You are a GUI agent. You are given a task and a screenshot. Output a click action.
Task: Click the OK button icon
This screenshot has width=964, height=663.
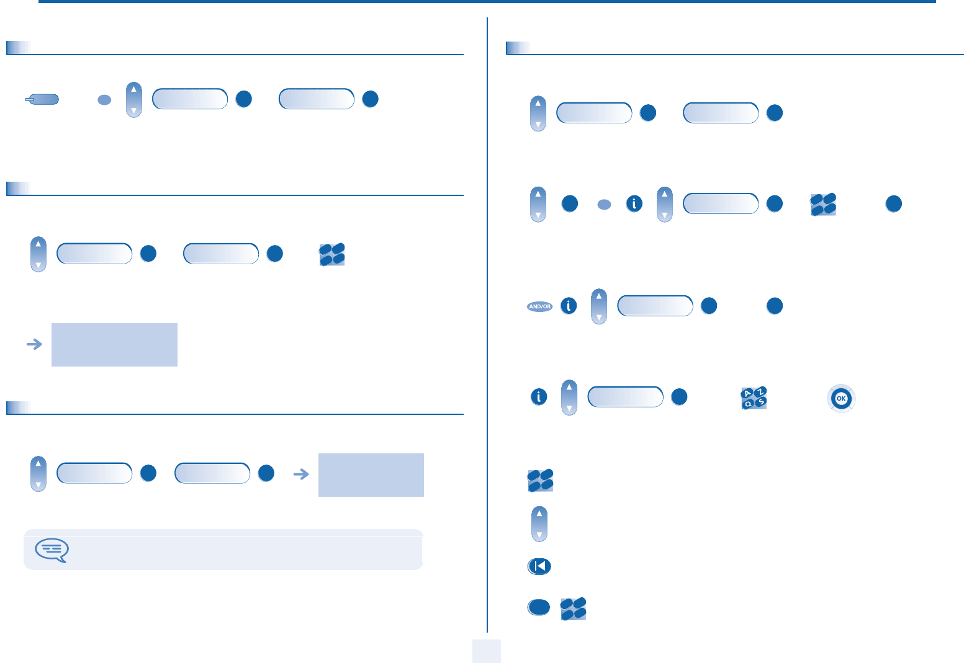[841, 398]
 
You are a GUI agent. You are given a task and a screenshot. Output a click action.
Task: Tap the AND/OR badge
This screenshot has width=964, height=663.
[539, 306]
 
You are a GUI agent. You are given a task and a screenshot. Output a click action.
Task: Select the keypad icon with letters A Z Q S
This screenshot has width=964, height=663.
[754, 398]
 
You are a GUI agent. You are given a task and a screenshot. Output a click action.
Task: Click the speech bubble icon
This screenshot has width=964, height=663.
[52, 550]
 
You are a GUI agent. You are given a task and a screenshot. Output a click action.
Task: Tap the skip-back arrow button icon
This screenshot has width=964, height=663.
[539, 566]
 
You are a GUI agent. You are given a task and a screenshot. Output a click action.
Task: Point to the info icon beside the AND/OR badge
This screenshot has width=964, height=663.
[569, 306]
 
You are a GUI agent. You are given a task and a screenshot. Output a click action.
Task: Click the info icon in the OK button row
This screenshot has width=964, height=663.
[539, 397]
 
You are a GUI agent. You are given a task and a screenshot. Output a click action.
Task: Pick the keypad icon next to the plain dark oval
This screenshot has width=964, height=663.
[573, 608]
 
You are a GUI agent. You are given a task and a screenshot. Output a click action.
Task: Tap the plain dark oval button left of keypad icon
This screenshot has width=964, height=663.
[539, 607]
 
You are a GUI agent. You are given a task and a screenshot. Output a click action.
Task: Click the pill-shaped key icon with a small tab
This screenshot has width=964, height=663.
[42, 99]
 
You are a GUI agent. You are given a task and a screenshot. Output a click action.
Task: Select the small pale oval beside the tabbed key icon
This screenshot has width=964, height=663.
[104, 100]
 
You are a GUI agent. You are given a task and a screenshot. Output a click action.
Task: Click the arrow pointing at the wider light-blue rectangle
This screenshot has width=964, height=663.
[35, 344]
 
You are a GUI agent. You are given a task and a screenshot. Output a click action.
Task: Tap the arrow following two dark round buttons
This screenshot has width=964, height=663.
[301, 474]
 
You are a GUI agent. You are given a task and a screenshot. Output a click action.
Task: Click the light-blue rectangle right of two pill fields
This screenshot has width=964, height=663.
[371, 474]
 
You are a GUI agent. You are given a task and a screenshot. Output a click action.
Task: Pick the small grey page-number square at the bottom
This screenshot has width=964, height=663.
[486, 651]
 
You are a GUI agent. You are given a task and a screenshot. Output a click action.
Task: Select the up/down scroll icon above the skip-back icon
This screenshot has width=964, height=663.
[539, 524]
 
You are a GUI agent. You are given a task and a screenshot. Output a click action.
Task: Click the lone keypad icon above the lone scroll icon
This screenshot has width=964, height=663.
[540, 481]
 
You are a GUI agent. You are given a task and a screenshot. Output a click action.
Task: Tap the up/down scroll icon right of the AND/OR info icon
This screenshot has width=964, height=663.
[598, 306]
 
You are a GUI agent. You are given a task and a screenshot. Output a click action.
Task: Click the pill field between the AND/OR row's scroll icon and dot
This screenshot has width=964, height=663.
[655, 306]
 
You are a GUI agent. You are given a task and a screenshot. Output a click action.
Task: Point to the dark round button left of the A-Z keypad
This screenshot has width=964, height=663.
[680, 397]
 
